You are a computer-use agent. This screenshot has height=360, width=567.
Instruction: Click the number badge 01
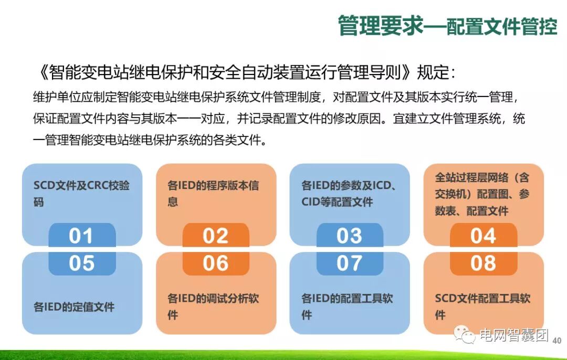tap(81, 236)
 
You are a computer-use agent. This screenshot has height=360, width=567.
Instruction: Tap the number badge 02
tap(216, 236)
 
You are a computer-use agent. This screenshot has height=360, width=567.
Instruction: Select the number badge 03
tap(350, 236)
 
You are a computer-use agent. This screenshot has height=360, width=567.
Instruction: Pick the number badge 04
tap(484, 236)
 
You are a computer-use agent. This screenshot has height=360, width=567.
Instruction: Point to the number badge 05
tap(81, 263)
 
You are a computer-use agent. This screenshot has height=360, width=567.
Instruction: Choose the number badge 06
tap(216, 263)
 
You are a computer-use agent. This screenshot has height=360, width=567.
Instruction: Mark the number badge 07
tap(350, 263)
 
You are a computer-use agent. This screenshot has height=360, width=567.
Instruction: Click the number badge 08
tap(484, 263)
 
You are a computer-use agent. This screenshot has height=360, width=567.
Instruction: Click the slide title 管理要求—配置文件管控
tap(447, 25)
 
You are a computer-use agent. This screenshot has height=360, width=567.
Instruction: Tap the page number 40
tap(557, 341)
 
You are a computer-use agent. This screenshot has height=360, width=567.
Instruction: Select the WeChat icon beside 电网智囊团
tap(465, 335)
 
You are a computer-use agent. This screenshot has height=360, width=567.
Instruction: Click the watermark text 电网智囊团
tap(513, 335)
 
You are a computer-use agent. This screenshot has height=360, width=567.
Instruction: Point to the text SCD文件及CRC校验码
tap(81, 194)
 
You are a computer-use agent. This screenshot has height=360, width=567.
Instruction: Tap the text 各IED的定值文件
tap(74, 307)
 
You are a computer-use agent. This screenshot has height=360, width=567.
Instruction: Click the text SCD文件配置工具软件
tap(482, 306)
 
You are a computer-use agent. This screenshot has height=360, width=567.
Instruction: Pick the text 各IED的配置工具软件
tap(347, 306)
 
